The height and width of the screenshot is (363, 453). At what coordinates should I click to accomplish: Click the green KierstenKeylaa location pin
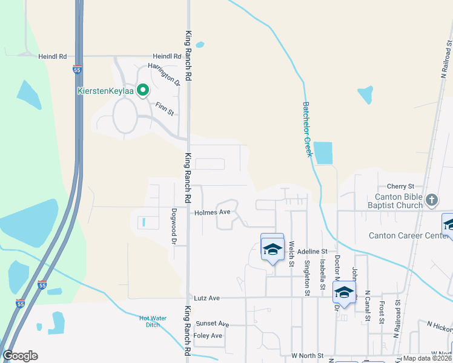pos(143,91)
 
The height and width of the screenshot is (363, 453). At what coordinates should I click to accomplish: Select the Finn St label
pos(165,108)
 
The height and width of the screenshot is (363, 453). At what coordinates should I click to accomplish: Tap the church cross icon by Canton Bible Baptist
pos(431,200)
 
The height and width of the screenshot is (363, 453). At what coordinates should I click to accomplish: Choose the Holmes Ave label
pos(212,212)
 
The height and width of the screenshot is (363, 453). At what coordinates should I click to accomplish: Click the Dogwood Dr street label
pos(173,227)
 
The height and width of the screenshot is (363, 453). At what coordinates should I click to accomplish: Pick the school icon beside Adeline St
pos(272,249)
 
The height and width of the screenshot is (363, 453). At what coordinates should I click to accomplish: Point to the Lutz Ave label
pos(207,298)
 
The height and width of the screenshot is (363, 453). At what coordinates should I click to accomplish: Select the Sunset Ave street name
pos(211,324)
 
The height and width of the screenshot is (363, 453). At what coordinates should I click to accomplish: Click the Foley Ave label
pos(208,336)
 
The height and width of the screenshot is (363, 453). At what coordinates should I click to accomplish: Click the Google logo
pos(20,356)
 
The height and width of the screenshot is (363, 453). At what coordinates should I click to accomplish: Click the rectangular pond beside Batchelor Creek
pos(323,152)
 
